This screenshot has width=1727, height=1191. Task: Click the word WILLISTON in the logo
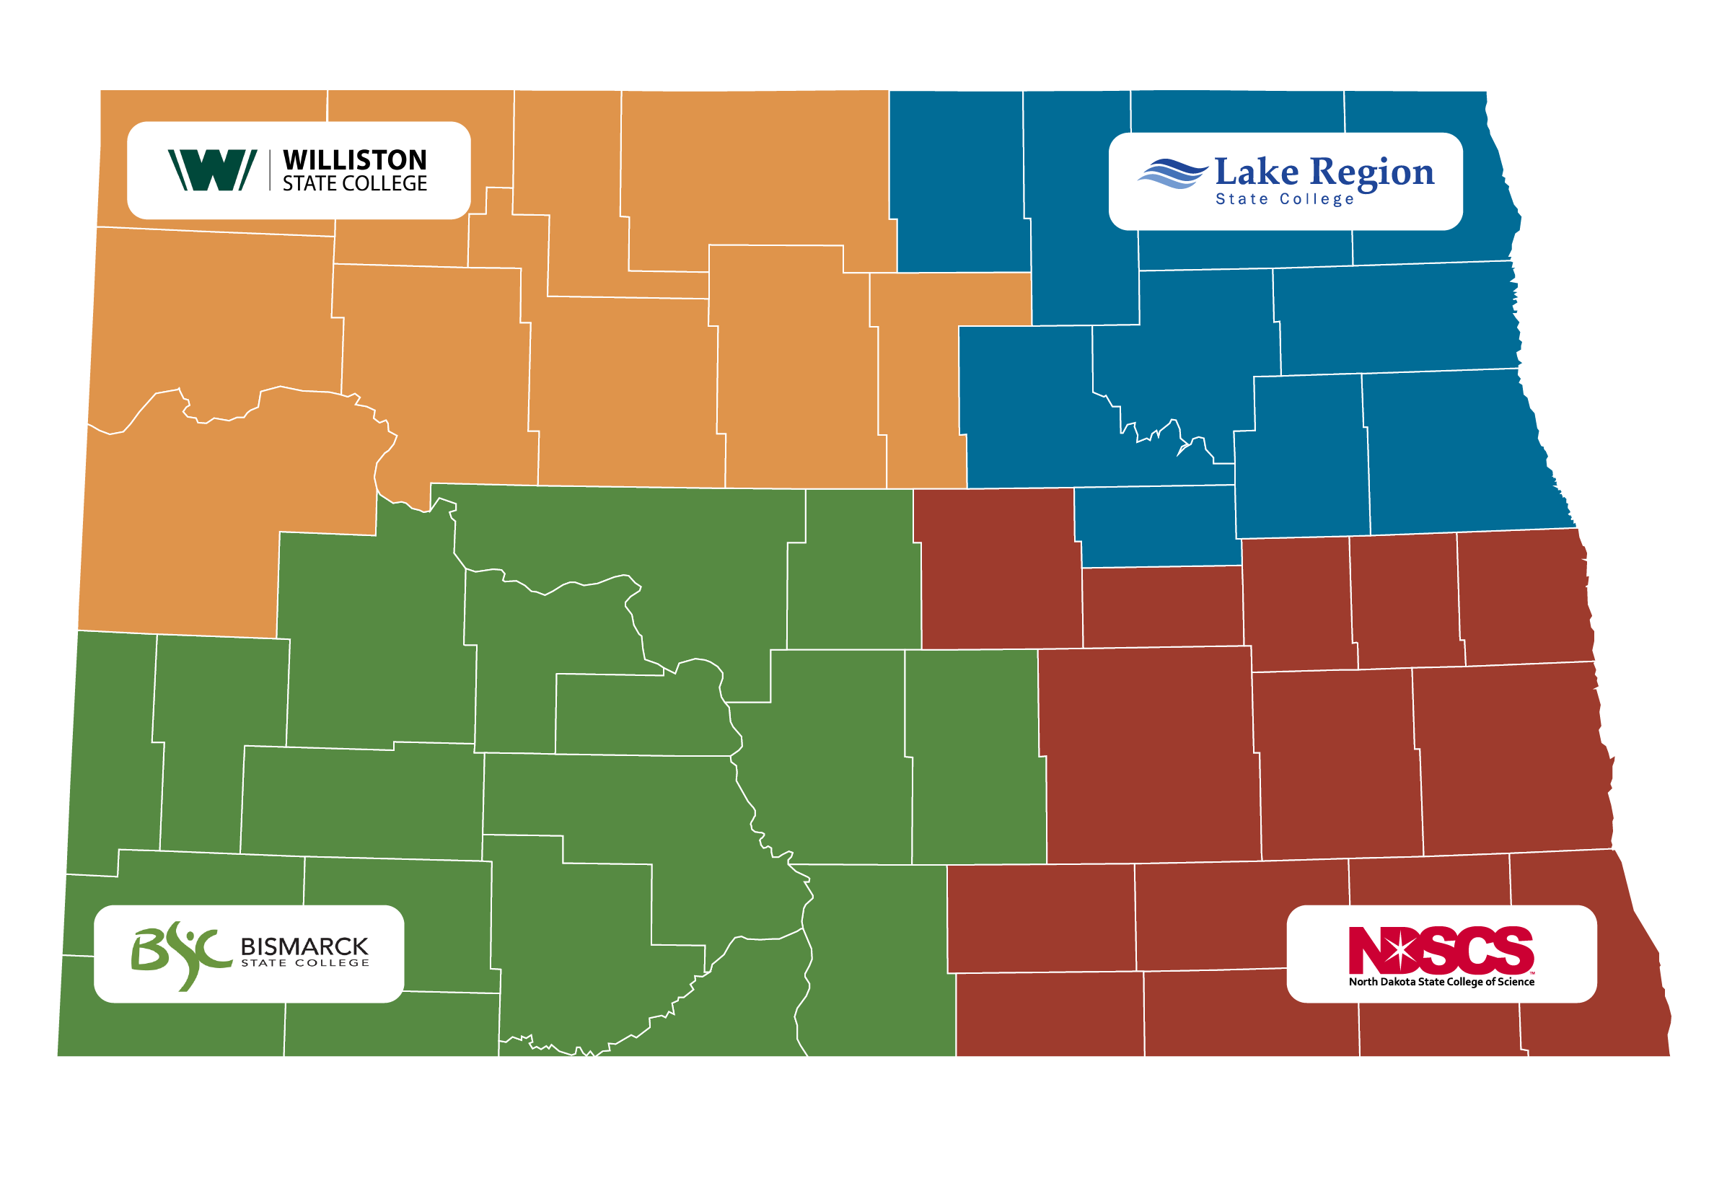(354, 159)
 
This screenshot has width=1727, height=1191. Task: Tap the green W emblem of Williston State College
(212, 170)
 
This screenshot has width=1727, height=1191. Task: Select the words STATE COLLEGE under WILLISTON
(354, 183)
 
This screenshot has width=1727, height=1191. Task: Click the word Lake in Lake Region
(1256, 172)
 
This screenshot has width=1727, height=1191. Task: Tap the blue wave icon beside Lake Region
(1172, 174)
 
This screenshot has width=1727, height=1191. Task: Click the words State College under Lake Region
(1283, 199)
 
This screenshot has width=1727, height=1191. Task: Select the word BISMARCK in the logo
(304, 947)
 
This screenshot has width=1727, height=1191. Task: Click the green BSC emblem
(180, 954)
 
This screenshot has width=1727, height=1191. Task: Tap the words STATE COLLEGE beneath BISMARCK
(304, 963)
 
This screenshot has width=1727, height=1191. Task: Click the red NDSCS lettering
(1441, 950)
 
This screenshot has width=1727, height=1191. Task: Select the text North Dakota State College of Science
(1441, 982)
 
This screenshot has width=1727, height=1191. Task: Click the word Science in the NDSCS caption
(1515, 982)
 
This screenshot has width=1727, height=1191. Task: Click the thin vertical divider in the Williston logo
(269, 170)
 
